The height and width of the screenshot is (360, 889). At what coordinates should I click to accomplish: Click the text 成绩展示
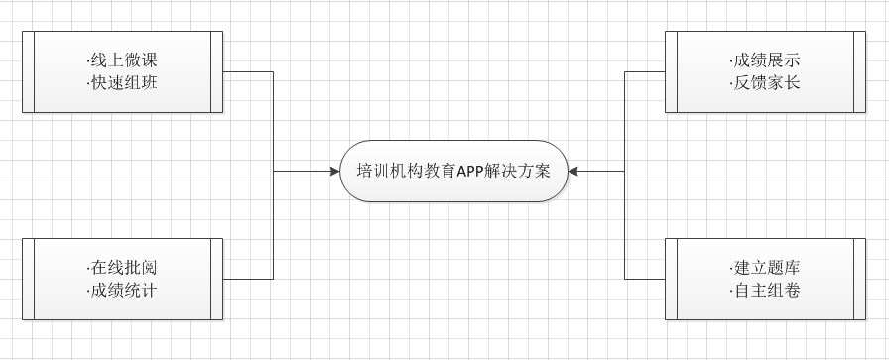pos(764,60)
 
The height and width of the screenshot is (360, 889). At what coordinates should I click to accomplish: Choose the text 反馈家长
pos(764,83)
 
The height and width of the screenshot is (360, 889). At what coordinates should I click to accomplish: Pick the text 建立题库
pos(764,268)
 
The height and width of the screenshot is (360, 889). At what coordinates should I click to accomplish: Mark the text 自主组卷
pos(764,291)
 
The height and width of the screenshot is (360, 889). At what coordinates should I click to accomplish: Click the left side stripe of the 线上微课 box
pos(28,72)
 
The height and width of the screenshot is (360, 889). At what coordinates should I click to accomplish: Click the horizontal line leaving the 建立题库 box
pos(645,279)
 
